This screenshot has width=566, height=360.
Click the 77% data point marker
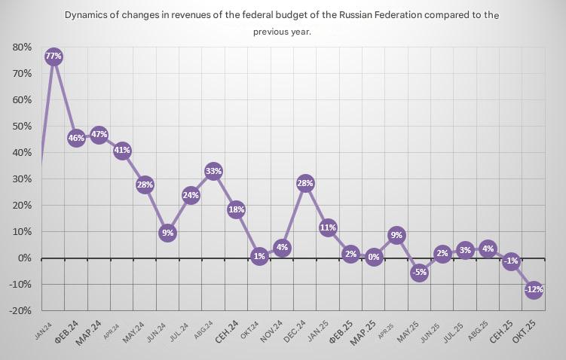tap(53, 56)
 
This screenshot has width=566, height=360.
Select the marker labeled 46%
tap(76, 138)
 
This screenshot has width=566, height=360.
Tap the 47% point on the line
tap(99, 136)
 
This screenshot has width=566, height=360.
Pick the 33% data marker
tap(213, 172)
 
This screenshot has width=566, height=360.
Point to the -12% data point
tap(534, 289)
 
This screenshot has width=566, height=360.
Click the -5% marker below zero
tap(419, 273)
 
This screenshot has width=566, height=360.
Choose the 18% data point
tap(236, 210)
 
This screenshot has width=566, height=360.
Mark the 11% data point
tap(328, 227)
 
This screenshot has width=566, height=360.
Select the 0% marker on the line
tap(374, 257)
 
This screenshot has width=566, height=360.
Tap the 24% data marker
tap(191, 196)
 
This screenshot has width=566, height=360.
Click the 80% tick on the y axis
tap(21, 47)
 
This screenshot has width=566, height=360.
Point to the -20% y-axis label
tap(19, 310)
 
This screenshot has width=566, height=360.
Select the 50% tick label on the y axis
tap(21, 126)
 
